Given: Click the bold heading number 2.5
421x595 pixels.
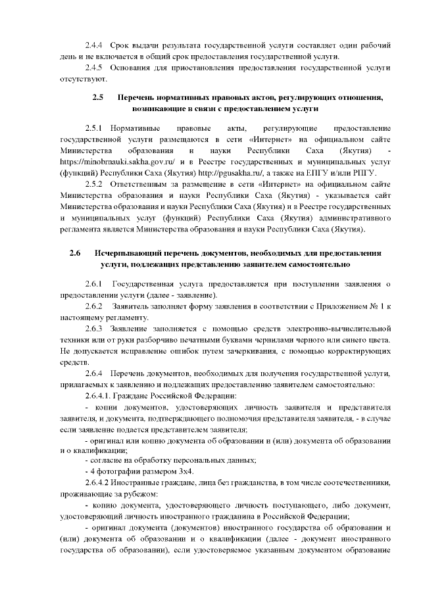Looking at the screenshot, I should point(99,97).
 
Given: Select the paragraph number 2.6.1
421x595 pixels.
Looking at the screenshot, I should point(94,283).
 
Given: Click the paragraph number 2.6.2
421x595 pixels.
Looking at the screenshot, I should point(94,306).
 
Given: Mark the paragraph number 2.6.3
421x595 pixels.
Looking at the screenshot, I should point(94,328).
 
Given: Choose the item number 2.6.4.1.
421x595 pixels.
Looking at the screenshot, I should point(99,395).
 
